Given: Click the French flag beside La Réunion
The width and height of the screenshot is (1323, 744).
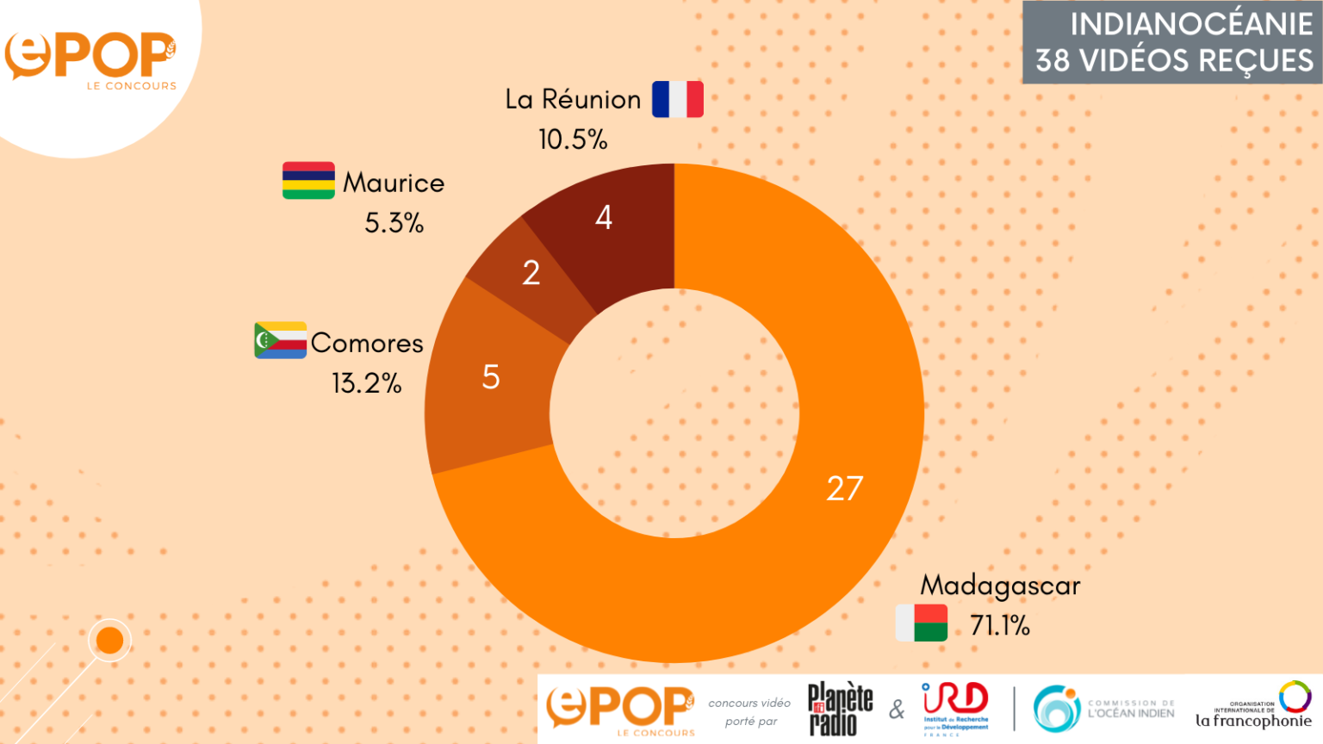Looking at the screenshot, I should click(678, 99).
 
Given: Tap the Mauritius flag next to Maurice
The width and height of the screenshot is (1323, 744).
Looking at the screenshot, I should click(308, 181).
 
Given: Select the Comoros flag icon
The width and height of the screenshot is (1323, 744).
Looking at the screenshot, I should click(280, 340).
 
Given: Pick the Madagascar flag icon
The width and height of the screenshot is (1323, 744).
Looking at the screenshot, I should click(922, 623).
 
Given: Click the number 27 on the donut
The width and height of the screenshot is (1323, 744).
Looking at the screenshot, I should click(844, 488).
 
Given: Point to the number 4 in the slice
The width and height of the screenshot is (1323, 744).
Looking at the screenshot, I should click(604, 217).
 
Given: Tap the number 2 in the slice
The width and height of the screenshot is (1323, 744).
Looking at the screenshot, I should click(531, 273).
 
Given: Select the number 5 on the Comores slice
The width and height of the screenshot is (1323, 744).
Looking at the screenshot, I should click(491, 377).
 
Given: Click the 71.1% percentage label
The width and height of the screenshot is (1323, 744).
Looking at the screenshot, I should click(1000, 625).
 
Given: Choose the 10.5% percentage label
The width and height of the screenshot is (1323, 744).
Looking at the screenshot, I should click(573, 139).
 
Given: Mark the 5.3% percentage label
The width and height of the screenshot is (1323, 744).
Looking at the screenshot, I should click(394, 223).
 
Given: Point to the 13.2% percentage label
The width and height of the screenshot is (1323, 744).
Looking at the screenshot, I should click(367, 383).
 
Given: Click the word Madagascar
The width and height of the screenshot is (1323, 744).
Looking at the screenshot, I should click(1000, 586).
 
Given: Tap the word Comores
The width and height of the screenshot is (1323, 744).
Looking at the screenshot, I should click(367, 343).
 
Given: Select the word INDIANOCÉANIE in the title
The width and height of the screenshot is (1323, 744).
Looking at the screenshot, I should click(1191, 24).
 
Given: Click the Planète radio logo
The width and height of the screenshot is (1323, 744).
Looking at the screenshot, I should click(840, 709).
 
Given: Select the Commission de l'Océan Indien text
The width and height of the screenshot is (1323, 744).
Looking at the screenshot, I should click(1131, 709).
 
